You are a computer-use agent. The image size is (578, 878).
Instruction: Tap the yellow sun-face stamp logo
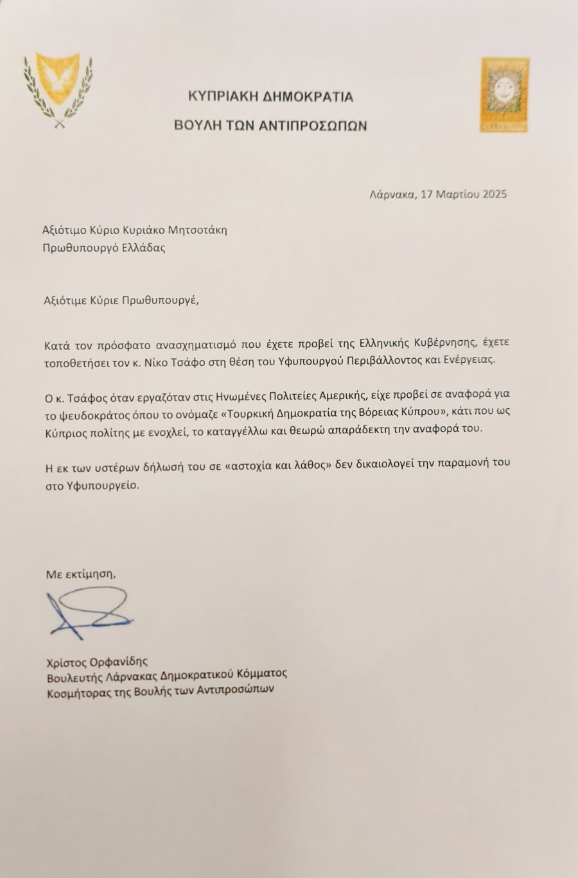tap(505, 96)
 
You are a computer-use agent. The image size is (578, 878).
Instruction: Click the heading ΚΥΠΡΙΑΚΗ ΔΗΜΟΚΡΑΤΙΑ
tap(270, 97)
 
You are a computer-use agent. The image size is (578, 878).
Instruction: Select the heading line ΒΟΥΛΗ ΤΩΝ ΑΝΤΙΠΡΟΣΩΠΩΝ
tap(270, 126)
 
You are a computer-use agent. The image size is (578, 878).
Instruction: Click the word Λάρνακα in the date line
tap(392, 194)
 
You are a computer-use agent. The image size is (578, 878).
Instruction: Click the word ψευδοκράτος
tap(91, 411)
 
